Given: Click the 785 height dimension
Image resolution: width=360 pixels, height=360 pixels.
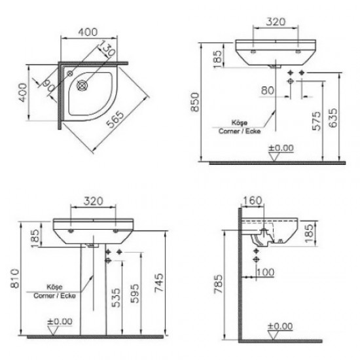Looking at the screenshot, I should [x=219, y=285].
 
